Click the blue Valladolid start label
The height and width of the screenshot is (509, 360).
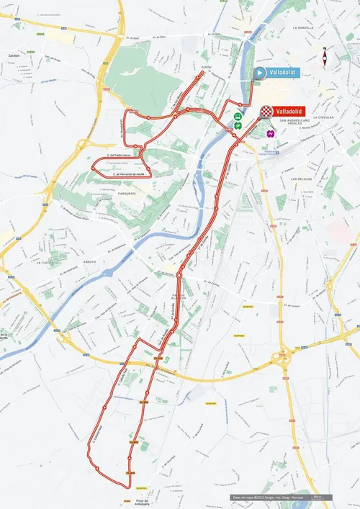[x=280, y=72]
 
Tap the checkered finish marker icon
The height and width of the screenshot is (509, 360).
[x=266, y=112]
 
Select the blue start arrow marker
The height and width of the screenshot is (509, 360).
[x=258, y=72]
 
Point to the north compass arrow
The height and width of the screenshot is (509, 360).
[x=325, y=57]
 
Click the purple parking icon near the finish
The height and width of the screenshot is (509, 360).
[x=270, y=133]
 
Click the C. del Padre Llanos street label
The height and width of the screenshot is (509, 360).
[x=117, y=155]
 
